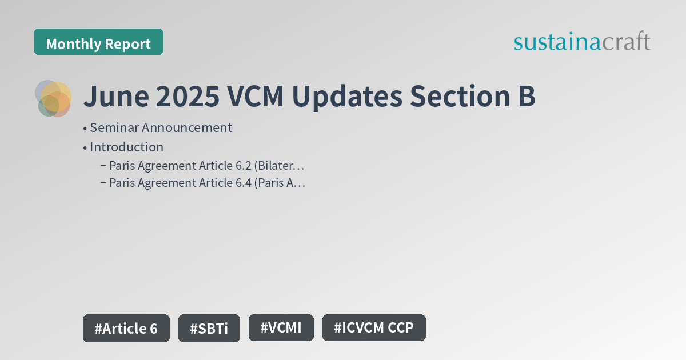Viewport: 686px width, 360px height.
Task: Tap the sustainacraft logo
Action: point(581,42)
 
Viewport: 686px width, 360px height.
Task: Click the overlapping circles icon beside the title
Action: point(53,98)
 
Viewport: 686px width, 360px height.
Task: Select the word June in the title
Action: point(115,97)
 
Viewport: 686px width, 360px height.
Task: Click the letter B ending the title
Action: point(527,97)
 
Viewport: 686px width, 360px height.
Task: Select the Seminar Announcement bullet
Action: point(160,127)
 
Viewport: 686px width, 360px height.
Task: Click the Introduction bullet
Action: point(126,147)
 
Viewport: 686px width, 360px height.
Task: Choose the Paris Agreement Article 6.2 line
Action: point(206,166)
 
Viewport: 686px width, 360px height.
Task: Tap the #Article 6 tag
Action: point(126,328)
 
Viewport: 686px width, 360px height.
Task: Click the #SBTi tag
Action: point(209,328)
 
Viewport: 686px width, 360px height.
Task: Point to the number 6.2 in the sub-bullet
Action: point(241,166)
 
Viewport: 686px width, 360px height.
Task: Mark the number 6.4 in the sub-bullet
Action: point(242,183)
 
